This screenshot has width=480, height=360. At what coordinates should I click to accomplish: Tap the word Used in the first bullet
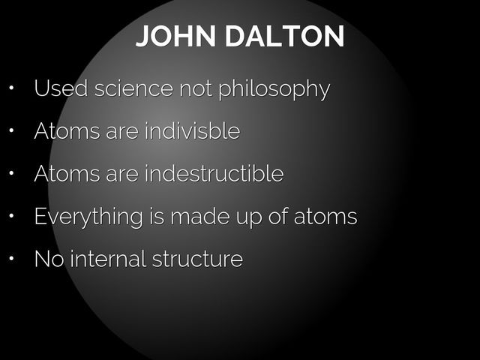pyautogui.click(x=60, y=88)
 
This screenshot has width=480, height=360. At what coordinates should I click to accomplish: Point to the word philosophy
pyautogui.click(x=273, y=90)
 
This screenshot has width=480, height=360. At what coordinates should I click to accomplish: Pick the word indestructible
pyautogui.click(x=214, y=174)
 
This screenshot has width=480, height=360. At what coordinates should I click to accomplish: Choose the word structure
pyautogui.click(x=197, y=260)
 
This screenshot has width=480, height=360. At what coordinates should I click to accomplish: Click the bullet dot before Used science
pyautogui.click(x=11, y=89)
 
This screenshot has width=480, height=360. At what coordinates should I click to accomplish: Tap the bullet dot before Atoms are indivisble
pyautogui.click(x=11, y=132)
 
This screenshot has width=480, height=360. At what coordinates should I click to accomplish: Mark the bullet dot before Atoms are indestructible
pyautogui.click(x=11, y=175)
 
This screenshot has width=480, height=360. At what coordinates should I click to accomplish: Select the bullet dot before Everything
pyautogui.click(x=11, y=217)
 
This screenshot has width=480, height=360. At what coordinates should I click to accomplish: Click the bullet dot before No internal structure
pyautogui.click(x=11, y=260)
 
